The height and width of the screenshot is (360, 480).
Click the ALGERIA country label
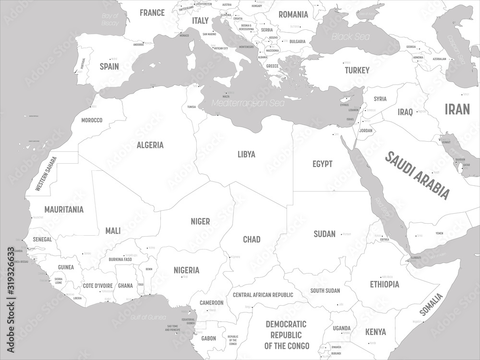pos(150,145)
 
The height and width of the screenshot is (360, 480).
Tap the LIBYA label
pos(246,155)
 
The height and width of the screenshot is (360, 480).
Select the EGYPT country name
pos(322,164)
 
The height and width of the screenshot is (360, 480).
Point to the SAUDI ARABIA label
pos(418,176)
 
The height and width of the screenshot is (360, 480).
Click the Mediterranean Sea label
pos(248,103)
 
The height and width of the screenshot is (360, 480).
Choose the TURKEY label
pos(357,71)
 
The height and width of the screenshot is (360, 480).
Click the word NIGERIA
pos(186,270)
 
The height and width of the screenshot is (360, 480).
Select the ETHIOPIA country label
pos(384,284)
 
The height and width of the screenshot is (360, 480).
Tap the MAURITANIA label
pos(64,210)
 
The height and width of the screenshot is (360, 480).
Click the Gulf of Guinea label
pos(148,317)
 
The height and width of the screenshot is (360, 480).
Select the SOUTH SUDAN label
pos(325,290)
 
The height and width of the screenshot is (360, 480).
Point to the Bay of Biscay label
pos(109,19)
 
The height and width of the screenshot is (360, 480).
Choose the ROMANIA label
pos(292,14)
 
